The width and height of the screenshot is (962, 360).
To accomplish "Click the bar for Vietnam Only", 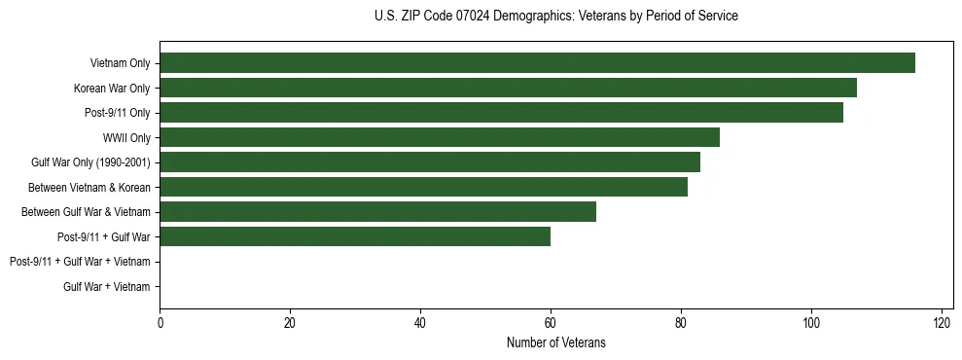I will point(537,63).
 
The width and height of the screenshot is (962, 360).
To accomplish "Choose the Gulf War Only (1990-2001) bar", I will point(430,162).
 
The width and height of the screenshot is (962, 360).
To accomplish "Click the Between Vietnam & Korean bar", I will point(423,187).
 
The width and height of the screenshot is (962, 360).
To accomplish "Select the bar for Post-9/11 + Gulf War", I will point(355,236).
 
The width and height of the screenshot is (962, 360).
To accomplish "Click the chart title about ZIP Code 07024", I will point(555,17).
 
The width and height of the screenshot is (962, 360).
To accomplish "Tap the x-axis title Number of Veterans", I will point(555,342).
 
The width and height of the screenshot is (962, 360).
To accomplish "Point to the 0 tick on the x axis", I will point(160,323).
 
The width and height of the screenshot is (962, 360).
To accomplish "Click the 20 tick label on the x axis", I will point(290,323).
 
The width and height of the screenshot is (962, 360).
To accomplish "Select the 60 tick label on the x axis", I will point(551,323).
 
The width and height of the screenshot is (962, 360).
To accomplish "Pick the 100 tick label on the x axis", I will point(811,323).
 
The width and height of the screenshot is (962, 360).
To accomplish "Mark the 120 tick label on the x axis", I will point(942,323).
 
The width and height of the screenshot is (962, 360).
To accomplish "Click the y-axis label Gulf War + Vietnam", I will point(107,286).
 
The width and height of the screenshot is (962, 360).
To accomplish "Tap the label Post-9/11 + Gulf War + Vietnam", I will point(80,262).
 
